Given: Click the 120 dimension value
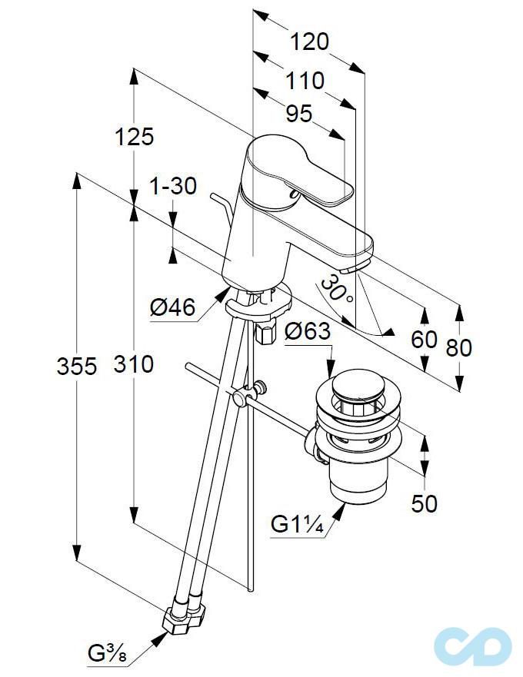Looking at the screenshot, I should coord(309,41).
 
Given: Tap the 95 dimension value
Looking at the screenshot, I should coord(298,114).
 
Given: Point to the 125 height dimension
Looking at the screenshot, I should coord(135,137).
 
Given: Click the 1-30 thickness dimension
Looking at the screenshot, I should coord(173,185).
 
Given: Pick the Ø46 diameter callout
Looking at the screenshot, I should coord(173,308).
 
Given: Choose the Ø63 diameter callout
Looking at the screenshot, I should coord(307,332).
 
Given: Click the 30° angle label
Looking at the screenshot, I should coord(336,290).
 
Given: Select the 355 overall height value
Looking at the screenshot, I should coord(77,367).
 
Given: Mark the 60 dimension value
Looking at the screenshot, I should coord(424,339).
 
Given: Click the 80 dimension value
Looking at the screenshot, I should coord(459,347).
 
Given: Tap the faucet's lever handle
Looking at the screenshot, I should coord(300,169).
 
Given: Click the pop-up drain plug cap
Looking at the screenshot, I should coord(361,384).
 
